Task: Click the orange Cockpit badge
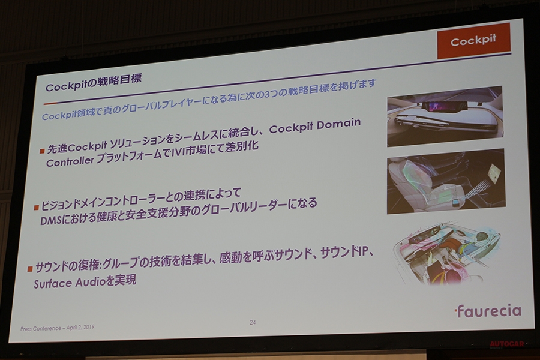click(x=473, y=41)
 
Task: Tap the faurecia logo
click(x=487, y=311)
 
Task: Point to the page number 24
click(x=253, y=322)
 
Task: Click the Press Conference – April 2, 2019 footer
click(x=58, y=328)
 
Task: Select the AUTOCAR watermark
click(x=508, y=344)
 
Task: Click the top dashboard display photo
click(x=444, y=116)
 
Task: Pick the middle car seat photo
click(x=445, y=181)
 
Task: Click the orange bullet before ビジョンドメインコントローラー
click(x=36, y=206)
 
